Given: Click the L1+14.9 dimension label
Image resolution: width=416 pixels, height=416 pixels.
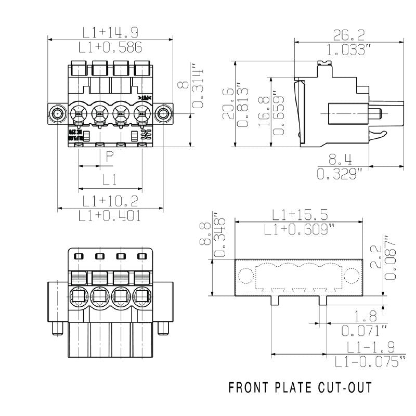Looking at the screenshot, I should (109, 32).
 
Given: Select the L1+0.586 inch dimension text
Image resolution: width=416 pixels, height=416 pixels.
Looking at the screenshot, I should (110, 48).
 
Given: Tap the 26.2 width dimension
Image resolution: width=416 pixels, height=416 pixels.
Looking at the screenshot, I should (348, 35).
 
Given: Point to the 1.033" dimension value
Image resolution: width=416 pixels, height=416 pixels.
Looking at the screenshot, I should (349, 50).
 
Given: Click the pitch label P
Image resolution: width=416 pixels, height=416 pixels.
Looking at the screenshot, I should (110, 157).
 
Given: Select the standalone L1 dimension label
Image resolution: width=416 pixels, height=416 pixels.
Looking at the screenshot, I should (109, 180).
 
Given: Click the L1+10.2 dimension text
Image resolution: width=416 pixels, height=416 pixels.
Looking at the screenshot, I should (110, 201).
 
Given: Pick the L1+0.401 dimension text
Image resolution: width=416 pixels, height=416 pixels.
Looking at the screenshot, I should (110, 216).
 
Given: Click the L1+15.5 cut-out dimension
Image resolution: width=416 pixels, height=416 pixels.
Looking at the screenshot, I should (300, 214).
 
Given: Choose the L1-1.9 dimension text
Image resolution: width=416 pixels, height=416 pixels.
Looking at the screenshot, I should (368, 346).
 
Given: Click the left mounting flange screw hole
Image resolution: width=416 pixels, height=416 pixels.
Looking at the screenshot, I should (57, 113).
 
